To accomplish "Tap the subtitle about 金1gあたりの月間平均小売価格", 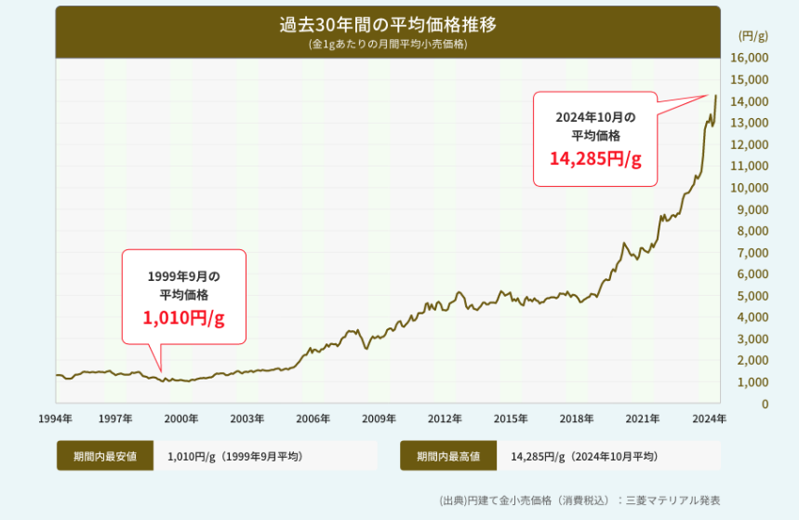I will point(388,44).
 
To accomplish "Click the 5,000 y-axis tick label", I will point(752,296).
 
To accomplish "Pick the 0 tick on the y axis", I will point(765,404).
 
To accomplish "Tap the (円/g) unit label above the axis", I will point(752,36).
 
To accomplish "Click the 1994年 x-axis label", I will point(56,419).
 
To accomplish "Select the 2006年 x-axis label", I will point(313,419).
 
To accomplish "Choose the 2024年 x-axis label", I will point(710,419).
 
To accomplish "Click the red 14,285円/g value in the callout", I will point(595,159).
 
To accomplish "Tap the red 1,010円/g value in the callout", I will point(183,317).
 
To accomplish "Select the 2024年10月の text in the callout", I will point(595,117).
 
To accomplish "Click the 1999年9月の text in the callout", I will point(183,276).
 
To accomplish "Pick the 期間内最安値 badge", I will point(105,456).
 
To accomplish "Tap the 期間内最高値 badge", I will point(448,456).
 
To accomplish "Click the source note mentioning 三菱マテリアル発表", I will point(579,500).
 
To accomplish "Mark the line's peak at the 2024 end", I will point(715,95).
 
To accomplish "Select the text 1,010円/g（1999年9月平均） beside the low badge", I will point(234,456).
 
